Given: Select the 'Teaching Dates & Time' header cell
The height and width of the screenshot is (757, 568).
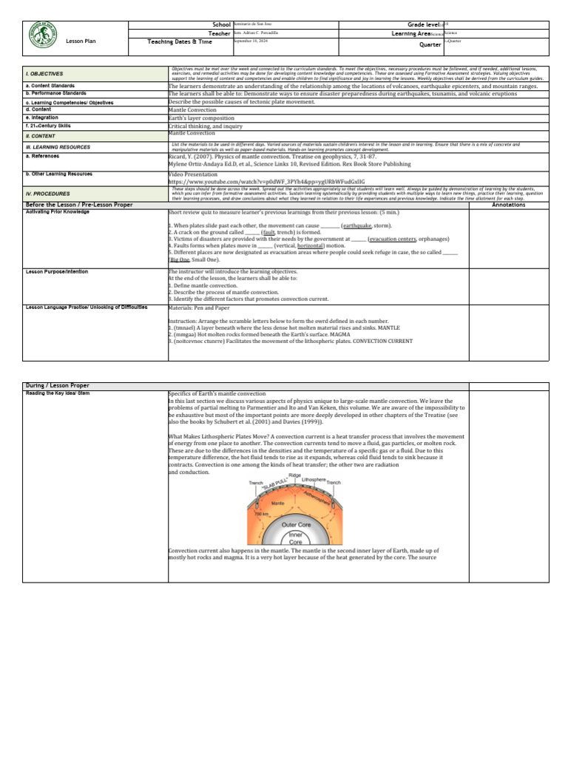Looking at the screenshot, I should pyautogui.click(x=178, y=42).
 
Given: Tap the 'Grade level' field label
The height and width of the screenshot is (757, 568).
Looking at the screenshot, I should pyautogui.click(x=419, y=25).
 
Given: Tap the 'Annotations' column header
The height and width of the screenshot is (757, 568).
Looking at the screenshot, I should pyautogui.click(x=508, y=204).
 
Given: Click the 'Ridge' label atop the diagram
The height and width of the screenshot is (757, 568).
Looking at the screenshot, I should pyautogui.click(x=294, y=475).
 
